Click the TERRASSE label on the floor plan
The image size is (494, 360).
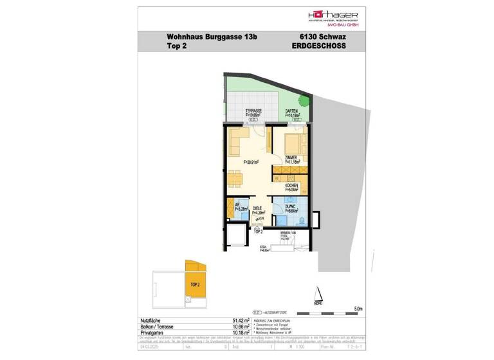252,111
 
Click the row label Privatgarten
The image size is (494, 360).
154,332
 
